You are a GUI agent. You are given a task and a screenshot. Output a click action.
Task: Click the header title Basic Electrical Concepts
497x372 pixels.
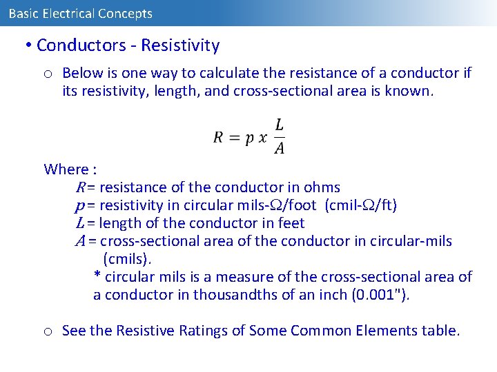pyautogui.click(x=81, y=13)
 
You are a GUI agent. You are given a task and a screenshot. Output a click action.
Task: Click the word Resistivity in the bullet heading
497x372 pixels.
pyautogui.click(x=180, y=46)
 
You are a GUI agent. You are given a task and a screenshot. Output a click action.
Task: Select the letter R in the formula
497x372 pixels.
pyautogui.click(x=218, y=137)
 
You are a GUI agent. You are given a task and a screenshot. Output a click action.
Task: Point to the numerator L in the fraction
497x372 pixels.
pyautogui.click(x=279, y=125)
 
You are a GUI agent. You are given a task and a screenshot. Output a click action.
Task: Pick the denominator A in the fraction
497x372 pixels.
pyautogui.click(x=279, y=148)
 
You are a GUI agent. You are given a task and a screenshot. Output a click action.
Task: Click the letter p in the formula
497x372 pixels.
pyautogui.click(x=251, y=138)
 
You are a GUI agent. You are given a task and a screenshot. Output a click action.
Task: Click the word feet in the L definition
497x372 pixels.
pyautogui.click(x=290, y=223)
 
